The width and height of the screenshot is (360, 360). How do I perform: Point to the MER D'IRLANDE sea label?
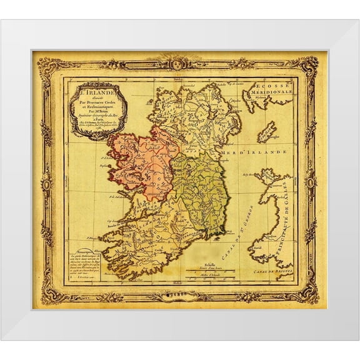(x=263, y=152)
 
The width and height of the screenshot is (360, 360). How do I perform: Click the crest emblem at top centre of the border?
(x=179, y=62)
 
